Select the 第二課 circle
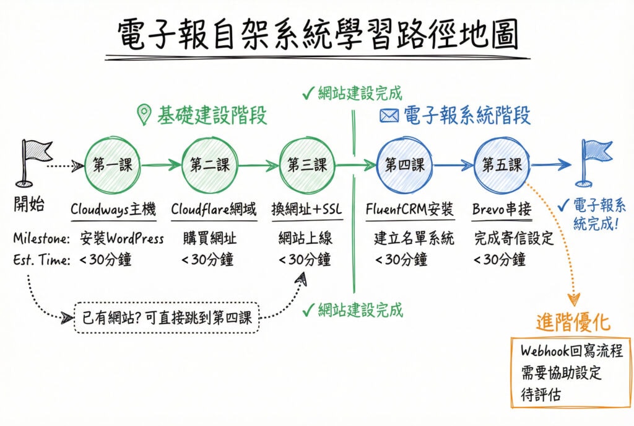click(x=210, y=165)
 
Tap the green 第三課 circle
click(x=306, y=165)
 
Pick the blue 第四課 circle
click(x=404, y=165)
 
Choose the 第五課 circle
click(x=502, y=165)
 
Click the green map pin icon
click(x=144, y=115)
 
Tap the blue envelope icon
click(x=388, y=115)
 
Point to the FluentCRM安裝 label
click(x=410, y=209)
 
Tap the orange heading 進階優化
click(x=573, y=322)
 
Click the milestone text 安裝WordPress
click(x=122, y=238)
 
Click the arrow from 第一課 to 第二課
click(x=160, y=165)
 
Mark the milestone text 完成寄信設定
click(x=513, y=238)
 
